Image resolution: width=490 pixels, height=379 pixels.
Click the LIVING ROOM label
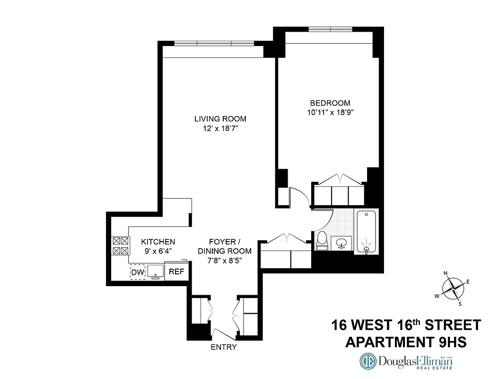(220, 119)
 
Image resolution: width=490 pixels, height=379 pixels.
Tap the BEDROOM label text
(330, 103)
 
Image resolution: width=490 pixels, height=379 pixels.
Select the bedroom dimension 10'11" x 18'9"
(330, 113)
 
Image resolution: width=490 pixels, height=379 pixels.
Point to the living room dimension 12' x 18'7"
(220, 128)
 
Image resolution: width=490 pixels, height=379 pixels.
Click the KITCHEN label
(159, 242)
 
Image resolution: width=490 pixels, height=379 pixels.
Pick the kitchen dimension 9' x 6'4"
(159, 251)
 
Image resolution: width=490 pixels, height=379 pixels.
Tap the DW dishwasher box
(137, 272)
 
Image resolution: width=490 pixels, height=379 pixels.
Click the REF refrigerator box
(176, 272)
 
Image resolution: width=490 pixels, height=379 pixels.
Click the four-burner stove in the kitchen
(120, 246)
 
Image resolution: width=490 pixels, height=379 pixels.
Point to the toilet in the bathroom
(322, 241)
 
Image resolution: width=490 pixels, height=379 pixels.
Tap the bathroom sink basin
(341, 244)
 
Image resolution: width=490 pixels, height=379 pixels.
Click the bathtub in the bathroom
(367, 232)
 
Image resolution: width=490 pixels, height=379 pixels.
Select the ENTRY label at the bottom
(223, 347)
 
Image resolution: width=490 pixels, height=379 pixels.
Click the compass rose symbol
(453, 287)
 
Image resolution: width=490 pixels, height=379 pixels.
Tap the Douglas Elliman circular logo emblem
(369, 362)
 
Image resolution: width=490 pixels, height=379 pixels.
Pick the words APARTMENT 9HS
(406, 342)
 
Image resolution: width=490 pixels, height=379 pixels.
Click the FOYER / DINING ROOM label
(224, 246)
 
